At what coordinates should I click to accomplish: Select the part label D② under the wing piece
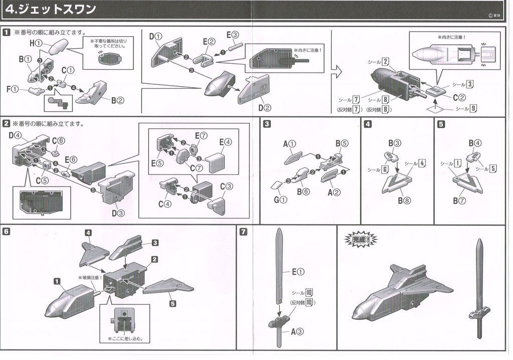265,107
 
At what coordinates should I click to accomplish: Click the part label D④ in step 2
15,135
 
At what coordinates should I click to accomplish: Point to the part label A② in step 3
334,192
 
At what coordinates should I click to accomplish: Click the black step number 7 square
243,232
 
